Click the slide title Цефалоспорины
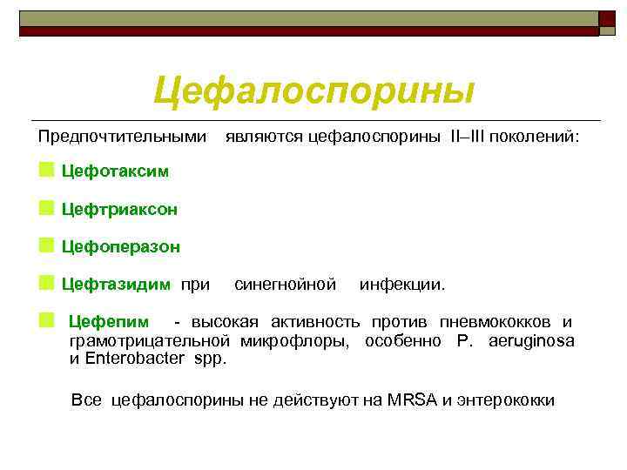tap(314, 91)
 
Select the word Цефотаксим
tap(116, 171)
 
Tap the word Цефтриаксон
tap(119, 209)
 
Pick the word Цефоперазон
tap(121, 246)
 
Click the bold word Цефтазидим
tap(116, 284)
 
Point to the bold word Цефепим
tap(109, 323)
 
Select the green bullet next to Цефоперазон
tap(45, 245)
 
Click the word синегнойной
tap(286, 284)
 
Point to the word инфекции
tap(402, 284)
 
